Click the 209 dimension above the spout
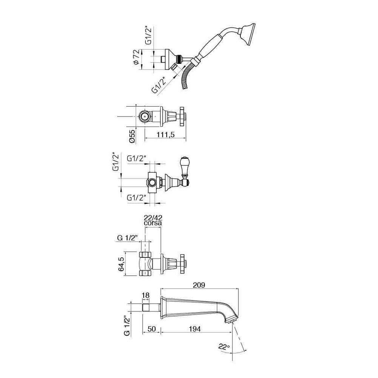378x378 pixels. pyautogui.click(x=199, y=285)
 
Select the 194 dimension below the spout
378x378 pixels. pyautogui.click(x=195, y=329)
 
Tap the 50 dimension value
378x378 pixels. pyautogui.click(x=152, y=329)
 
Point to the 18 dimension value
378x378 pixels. pyautogui.click(x=146, y=295)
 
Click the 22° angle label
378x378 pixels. pyautogui.click(x=224, y=347)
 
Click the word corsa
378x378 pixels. pyautogui.click(x=153, y=223)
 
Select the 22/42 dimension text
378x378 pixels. pyautogui.click(x=153, y=218)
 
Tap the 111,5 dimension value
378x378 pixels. pyautogui.click(x=166, y=134)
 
